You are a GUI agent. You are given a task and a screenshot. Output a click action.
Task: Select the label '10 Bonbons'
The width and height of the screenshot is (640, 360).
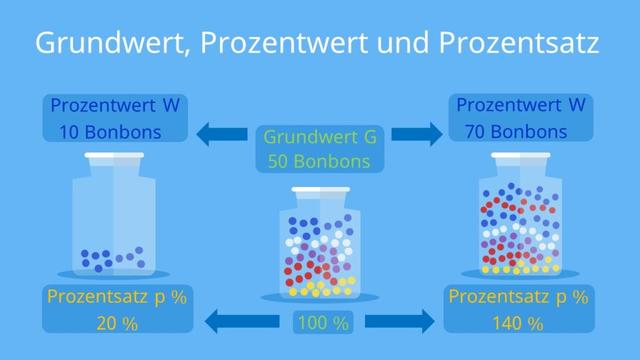[x=98, y=130]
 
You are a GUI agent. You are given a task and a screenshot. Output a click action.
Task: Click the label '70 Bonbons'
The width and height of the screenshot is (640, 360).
[x=516, y=130]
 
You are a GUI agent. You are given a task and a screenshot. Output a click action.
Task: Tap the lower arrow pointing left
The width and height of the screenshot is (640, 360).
[x=241, y=322]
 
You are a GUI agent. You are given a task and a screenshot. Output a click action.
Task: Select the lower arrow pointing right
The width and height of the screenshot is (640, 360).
[x=399, y=322]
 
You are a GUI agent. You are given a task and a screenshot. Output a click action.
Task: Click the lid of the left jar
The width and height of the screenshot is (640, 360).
[x=113, y=156]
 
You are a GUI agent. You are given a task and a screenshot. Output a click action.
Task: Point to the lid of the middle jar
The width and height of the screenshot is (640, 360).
[x=320, y=190]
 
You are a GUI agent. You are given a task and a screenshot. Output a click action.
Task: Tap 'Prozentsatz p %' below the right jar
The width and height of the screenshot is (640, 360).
[x=516, y=298]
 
